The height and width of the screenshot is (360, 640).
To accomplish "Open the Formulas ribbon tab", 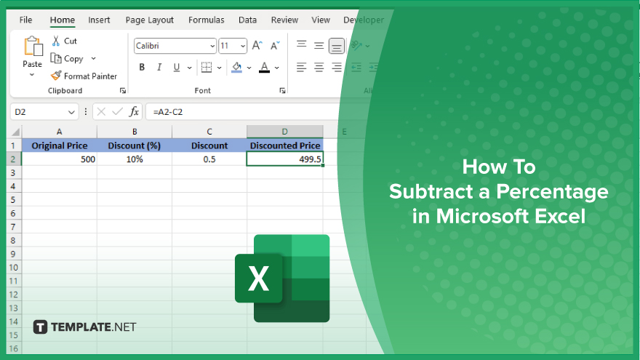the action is pyautogui.click(x=206, y=20).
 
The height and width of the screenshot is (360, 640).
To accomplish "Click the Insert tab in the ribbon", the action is pyautogui.click(x=99, y=20).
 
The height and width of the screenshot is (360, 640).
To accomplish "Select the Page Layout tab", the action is pyautogui.click(x=149, y=20).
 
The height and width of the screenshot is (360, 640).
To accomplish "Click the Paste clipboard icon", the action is pyautogui.click(x=33, y=46).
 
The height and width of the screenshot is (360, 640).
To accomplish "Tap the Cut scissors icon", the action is pyautogui.click(x=56, y=41).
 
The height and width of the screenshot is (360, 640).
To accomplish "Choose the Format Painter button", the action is pyautogui.click(x=84, y=76).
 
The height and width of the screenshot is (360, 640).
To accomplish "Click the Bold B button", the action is pyautogui.click(x=142, y=68).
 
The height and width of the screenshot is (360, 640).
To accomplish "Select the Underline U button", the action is pyautogui.click(x=176, y=68).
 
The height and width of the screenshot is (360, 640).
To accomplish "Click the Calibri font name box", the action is pyautogui.click(x=175, y=46).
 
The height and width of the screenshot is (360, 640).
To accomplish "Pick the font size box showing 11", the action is pyautogui.click(x=233, y=46).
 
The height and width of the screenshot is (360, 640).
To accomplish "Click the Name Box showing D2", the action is pyautogui.click(x=44, y=112).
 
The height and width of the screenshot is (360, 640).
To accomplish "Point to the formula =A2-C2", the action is pyautogui.click(x=168, y=112).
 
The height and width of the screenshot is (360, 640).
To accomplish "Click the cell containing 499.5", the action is pyautogui.click(x=285, y=159).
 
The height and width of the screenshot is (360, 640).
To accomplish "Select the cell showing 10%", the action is pyautogui.click(x=135, y=159).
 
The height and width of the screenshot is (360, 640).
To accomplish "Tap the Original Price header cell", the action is pyautogui.click(x=59, y=145).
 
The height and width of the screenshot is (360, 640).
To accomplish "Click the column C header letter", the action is pyautogui.click(x=209, y=132).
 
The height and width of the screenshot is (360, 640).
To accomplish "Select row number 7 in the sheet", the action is pyautogui.click(x=13, y=226).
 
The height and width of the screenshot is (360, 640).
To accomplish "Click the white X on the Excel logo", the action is pyautogui.click(x=258, y=279).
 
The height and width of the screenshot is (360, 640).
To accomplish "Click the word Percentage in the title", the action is pyautogui.click(x=552, y=192).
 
